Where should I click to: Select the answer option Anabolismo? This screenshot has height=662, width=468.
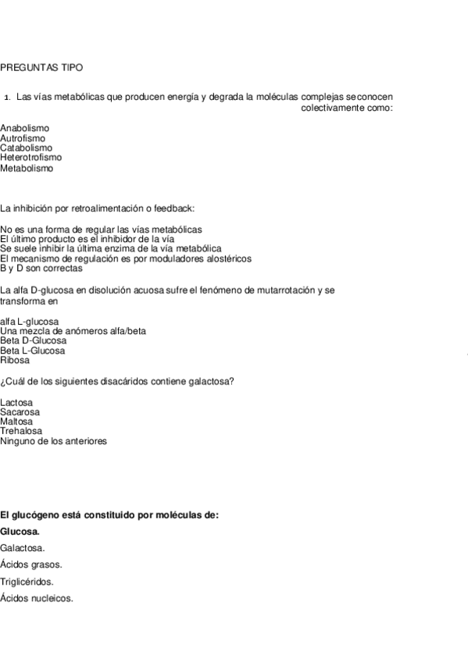(25, 127)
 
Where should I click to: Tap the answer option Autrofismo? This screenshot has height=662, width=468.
(23, 137)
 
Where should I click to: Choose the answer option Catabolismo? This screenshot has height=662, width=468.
(27, 148)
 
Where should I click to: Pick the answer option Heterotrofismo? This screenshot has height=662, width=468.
(30, 157)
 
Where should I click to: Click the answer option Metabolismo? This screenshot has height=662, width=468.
(27, 167)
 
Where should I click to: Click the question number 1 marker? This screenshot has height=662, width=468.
(6, 98)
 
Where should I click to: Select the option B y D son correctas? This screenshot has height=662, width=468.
(41, 268)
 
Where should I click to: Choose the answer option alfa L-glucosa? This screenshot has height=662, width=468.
(30, 321)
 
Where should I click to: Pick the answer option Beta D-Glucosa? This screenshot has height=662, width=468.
(34, 340)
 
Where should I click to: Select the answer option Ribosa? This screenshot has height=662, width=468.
(15, 360)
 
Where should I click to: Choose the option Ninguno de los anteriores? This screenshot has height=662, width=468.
(54, 441)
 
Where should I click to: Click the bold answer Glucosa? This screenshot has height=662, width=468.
(20, 532)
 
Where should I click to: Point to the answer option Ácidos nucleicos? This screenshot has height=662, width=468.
(37, 598)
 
